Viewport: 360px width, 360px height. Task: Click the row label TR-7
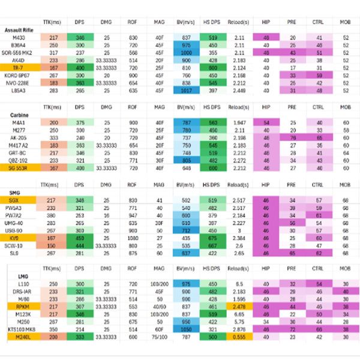coord(19,68)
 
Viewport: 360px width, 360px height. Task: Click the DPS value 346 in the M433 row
coord(80,37)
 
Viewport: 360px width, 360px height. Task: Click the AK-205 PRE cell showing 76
coord(292,137)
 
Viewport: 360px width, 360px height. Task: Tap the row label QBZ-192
coord(20,160)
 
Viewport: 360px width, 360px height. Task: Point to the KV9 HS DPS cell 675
coord(211,238)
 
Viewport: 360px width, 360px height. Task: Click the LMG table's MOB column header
coord(345,267)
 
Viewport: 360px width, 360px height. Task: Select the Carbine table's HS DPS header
coord(211,106)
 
